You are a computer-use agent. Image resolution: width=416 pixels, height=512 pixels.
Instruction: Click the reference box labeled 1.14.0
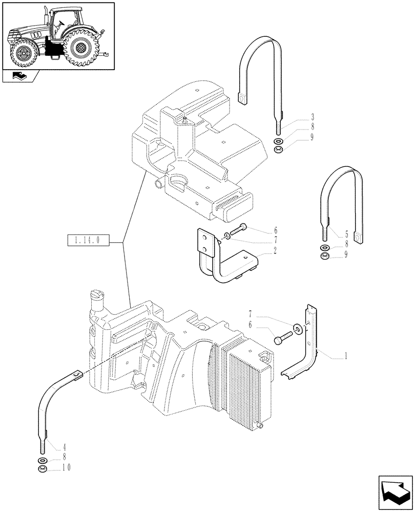coord(88,240)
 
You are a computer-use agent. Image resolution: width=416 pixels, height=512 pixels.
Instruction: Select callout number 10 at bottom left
coord(67,467)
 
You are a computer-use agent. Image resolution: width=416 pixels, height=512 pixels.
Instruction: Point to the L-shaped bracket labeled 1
coord(307,348)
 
